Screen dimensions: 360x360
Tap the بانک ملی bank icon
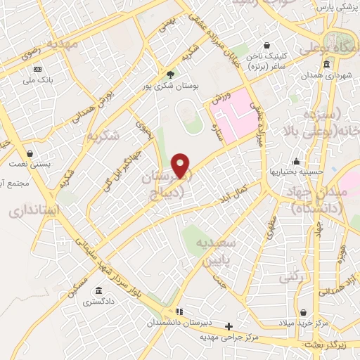pos(37,69)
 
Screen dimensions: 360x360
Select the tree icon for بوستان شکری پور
pos(170,75)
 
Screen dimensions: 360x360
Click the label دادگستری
pos(97,302)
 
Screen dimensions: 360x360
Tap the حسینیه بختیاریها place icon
pos(297,161)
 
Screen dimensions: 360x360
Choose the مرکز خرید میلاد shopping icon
pos(303,312)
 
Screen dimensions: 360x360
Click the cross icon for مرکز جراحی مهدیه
pos(229,326)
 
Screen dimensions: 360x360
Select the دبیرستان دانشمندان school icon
pos(179,311)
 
